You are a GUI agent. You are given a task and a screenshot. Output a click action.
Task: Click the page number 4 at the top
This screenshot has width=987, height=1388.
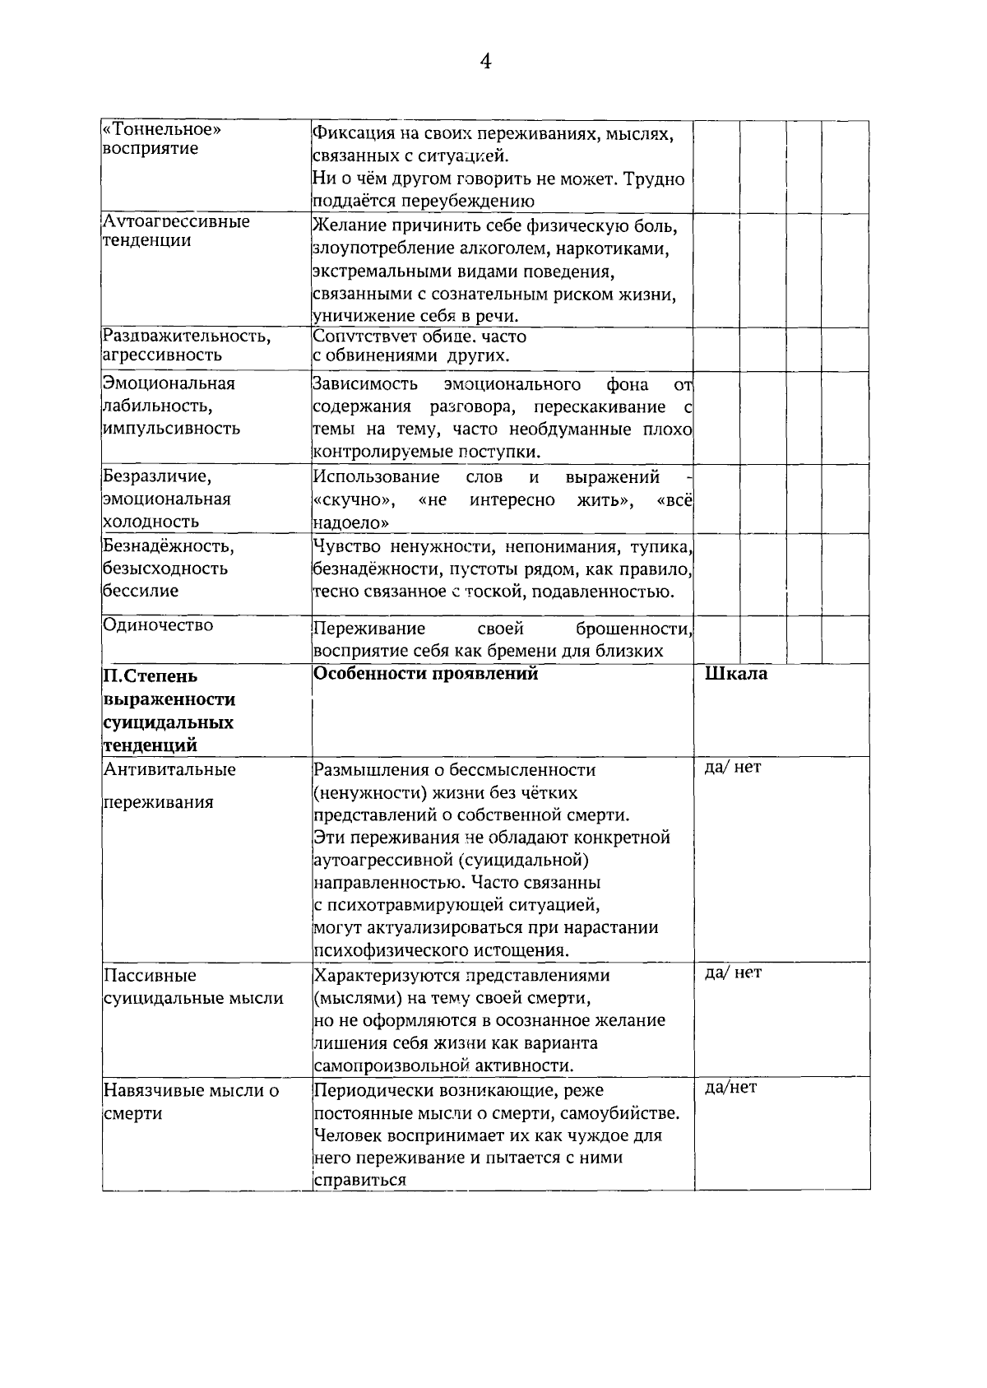point(486,63)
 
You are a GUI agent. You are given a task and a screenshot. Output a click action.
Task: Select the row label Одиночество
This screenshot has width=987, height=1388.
point(158,625)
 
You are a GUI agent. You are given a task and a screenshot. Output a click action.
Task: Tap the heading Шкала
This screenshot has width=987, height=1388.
point(736,674)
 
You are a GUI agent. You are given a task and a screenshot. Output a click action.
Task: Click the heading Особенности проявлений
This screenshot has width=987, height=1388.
point(425,674)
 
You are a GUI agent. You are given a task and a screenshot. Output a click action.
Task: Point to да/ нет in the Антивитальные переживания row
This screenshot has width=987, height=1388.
point(733,768)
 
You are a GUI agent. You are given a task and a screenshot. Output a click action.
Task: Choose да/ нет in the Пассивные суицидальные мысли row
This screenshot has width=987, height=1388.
point(733,973)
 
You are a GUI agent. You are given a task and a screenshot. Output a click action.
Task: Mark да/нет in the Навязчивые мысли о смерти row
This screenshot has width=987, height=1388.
point(730,1088)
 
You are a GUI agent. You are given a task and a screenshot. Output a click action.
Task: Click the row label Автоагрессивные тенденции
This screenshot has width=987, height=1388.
point(176,231)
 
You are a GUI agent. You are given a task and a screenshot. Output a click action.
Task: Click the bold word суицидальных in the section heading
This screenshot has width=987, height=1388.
point(168,723)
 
